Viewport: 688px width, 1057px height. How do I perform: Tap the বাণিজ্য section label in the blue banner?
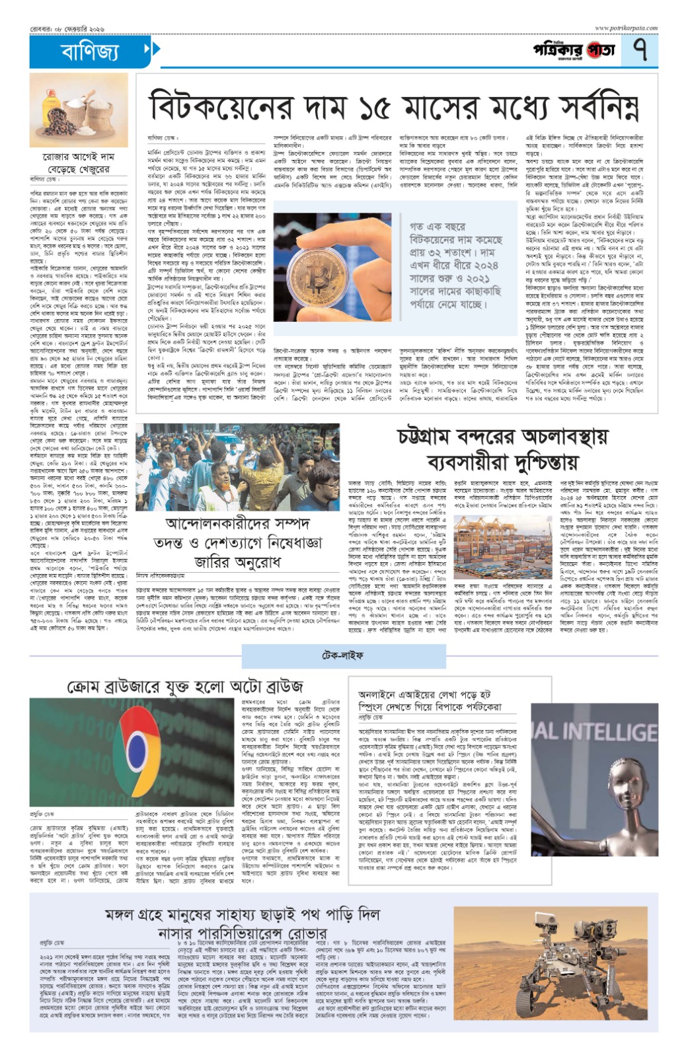click(x=90, y=51)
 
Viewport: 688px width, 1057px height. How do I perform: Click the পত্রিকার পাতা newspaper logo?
click(x=574, y=50)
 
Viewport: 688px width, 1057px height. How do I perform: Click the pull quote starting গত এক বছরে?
click(x=456, y=265)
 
